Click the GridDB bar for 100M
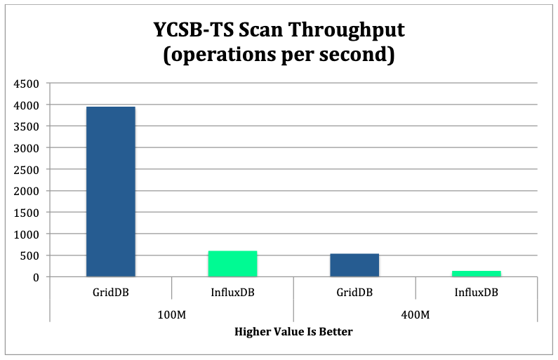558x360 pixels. pyautogui.click(x=111, y=192)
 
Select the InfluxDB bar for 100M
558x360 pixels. pyautogui.click(x=232, y=264)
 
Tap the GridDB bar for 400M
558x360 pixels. pyautogui.click(x=354, y=265)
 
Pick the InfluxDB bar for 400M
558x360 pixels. pyautogui.click(x=477, y=274)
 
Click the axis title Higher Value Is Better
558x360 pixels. pyautogui.click(x=293, y=331)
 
